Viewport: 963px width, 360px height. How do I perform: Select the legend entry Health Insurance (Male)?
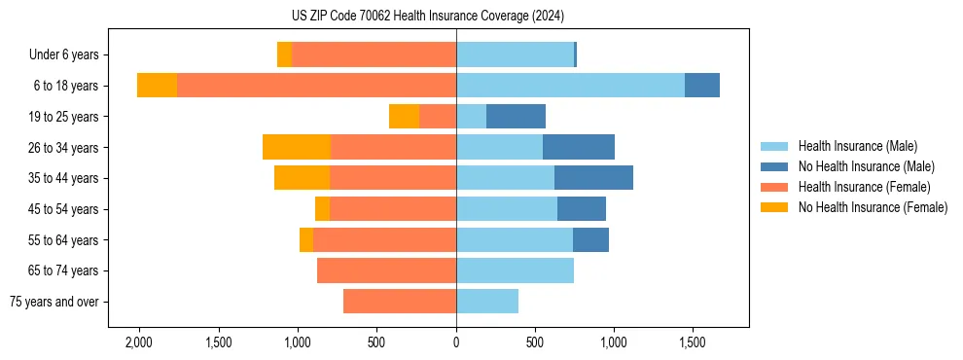(x=857, y=146)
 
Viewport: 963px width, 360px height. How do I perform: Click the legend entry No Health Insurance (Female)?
(x=873, y=207)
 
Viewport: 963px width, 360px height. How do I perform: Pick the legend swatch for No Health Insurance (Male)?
(x=775, y=166)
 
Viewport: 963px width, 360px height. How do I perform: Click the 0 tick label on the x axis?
(x=456, y=343)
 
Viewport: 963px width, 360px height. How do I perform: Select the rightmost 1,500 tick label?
(x=693, y=343)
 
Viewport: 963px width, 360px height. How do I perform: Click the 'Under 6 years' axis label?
(x=63, y=55)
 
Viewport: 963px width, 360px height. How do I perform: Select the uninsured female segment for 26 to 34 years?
(x=297, y=147)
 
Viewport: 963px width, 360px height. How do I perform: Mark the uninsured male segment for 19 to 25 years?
(x=516, y=117)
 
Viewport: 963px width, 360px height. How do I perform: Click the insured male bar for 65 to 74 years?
(x=515, y=270)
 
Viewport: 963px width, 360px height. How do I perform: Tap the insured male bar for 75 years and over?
(x=487, y=302)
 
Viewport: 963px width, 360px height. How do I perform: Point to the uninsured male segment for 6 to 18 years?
(x=702, y=86)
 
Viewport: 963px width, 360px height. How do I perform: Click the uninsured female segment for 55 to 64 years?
(x=306, y=239)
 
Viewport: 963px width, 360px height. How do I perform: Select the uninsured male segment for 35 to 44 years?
(x=593, y=178)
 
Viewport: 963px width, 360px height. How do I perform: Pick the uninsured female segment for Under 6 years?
(x=284, y=55)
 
